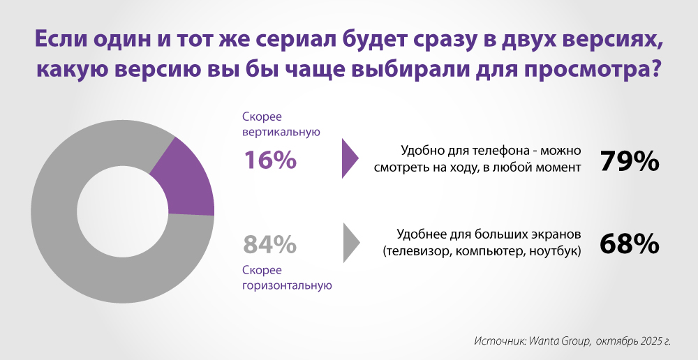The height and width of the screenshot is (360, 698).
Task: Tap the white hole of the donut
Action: pyautogui.click(x=123, y=211)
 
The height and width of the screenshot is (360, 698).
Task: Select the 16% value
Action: pyautogui.click(x=269, y=160)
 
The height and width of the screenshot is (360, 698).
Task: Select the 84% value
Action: pyautogui.click(x=269, y=245)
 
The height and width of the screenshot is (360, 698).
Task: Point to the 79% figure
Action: pyautogui.click(x=630, y=162)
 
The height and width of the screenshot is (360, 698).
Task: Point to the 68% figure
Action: pyautogui.click(x=630, y=244)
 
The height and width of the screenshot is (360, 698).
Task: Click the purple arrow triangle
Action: pyautogui.click(x=350, y=158)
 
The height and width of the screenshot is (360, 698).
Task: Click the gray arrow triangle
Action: pyautogui.click(x=351, y=243)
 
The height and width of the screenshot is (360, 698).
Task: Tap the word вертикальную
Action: pyautogui.click(x=281, y=132)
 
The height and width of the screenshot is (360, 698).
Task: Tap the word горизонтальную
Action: pyautogui.click(x=287, y=285)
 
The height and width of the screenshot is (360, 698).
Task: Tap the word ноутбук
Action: pyautogui.click(x=556, y=251)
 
